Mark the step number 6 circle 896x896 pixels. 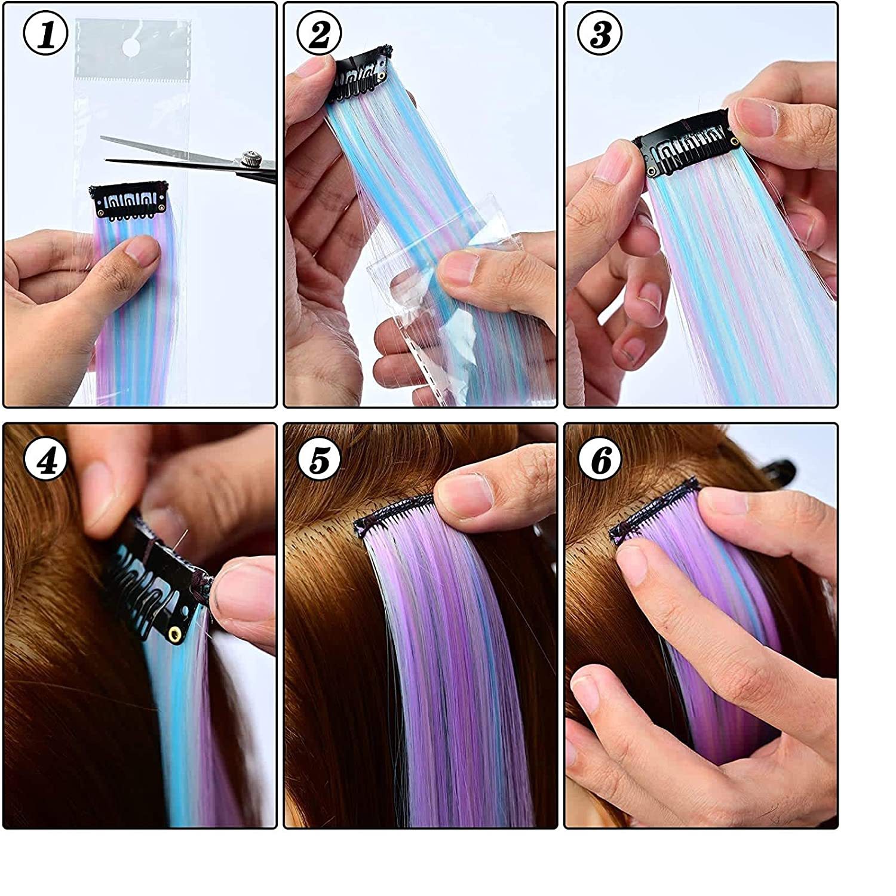600,461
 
